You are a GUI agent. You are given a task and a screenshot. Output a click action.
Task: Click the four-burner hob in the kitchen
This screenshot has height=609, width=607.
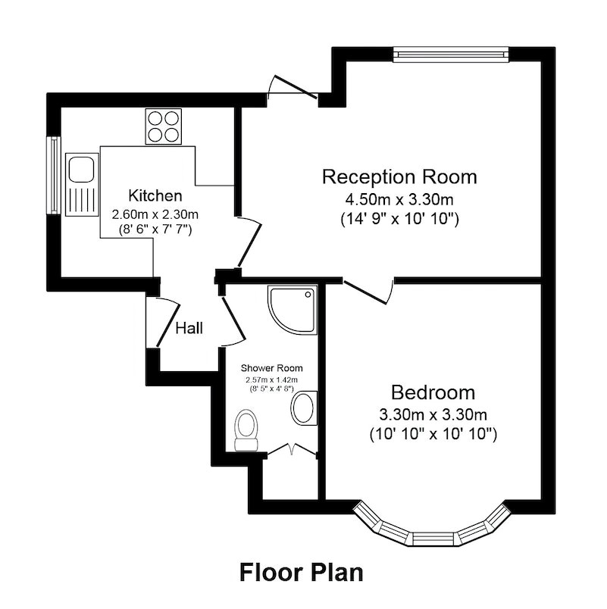point(164,126)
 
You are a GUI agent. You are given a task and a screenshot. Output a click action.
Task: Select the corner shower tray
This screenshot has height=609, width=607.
point(291,309)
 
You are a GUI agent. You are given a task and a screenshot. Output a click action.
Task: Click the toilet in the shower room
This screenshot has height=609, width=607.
point(246,429)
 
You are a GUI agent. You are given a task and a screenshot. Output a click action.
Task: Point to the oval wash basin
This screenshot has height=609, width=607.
point(305,408)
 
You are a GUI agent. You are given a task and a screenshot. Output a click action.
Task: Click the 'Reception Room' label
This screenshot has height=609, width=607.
point(399,177)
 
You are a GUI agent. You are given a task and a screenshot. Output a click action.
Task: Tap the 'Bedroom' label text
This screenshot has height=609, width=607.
point(433,393)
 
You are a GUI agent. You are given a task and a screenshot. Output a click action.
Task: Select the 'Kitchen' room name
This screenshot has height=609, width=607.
point(155,195)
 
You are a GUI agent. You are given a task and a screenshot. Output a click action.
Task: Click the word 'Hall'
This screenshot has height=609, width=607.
point(189,328)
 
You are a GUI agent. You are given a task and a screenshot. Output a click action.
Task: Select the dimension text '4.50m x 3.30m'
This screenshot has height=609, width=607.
point(399,200)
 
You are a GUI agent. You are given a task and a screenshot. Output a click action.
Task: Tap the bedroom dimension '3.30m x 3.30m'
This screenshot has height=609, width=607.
point(433,414)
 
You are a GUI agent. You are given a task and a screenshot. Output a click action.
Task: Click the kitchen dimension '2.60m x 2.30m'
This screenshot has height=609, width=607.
point(155,214)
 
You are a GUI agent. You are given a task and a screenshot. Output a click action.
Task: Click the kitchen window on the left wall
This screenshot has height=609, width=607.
point(54,175)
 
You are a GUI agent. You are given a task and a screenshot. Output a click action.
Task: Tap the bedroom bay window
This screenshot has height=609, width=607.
point(433,530)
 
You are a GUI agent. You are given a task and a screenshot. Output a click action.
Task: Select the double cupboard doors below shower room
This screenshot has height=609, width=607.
point(293,449)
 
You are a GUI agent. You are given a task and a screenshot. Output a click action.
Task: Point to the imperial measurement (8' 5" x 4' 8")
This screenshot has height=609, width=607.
point(271,388)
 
